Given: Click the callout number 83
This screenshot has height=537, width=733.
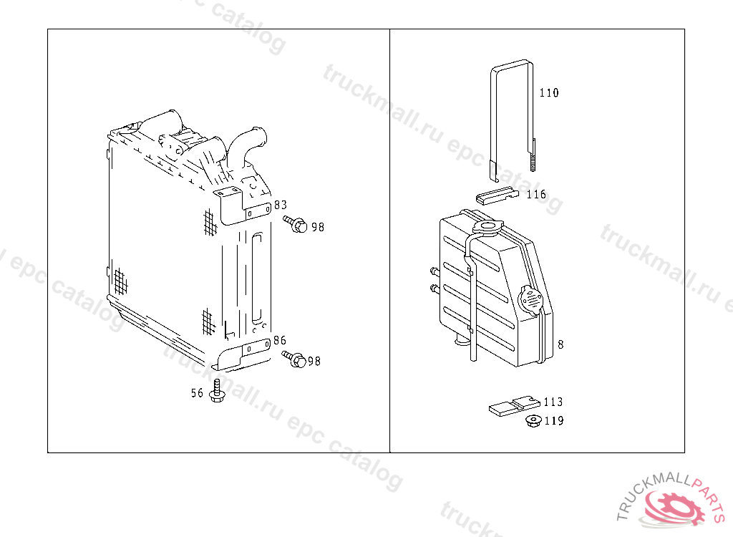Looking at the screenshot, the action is point(281,205).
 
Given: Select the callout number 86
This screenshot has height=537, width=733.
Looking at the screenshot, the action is point(280,340).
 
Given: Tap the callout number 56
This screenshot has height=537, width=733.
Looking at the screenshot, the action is point(197,393).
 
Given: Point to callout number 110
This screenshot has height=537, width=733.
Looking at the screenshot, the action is point(549,92).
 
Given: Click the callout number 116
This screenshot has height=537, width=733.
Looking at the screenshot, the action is point(536,194).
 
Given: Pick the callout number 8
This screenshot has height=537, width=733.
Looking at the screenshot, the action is point(560,344).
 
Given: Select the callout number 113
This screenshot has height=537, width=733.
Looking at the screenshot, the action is point(553,402).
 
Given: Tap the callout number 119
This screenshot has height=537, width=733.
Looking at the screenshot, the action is point(554,420).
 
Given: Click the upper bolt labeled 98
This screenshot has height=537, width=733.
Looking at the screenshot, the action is point(295,223).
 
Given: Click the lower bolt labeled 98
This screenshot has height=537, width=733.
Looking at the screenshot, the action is point(294,359).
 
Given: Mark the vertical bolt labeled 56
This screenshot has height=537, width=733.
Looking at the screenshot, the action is point(216,391).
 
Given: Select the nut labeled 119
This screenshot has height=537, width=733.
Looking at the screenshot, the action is point(533,421).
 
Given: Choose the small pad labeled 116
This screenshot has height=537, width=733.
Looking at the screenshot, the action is point(497,195).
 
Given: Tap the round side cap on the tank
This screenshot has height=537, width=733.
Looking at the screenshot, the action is point(530,300).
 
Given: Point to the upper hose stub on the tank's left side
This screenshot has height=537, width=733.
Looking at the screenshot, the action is point(435,271).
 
